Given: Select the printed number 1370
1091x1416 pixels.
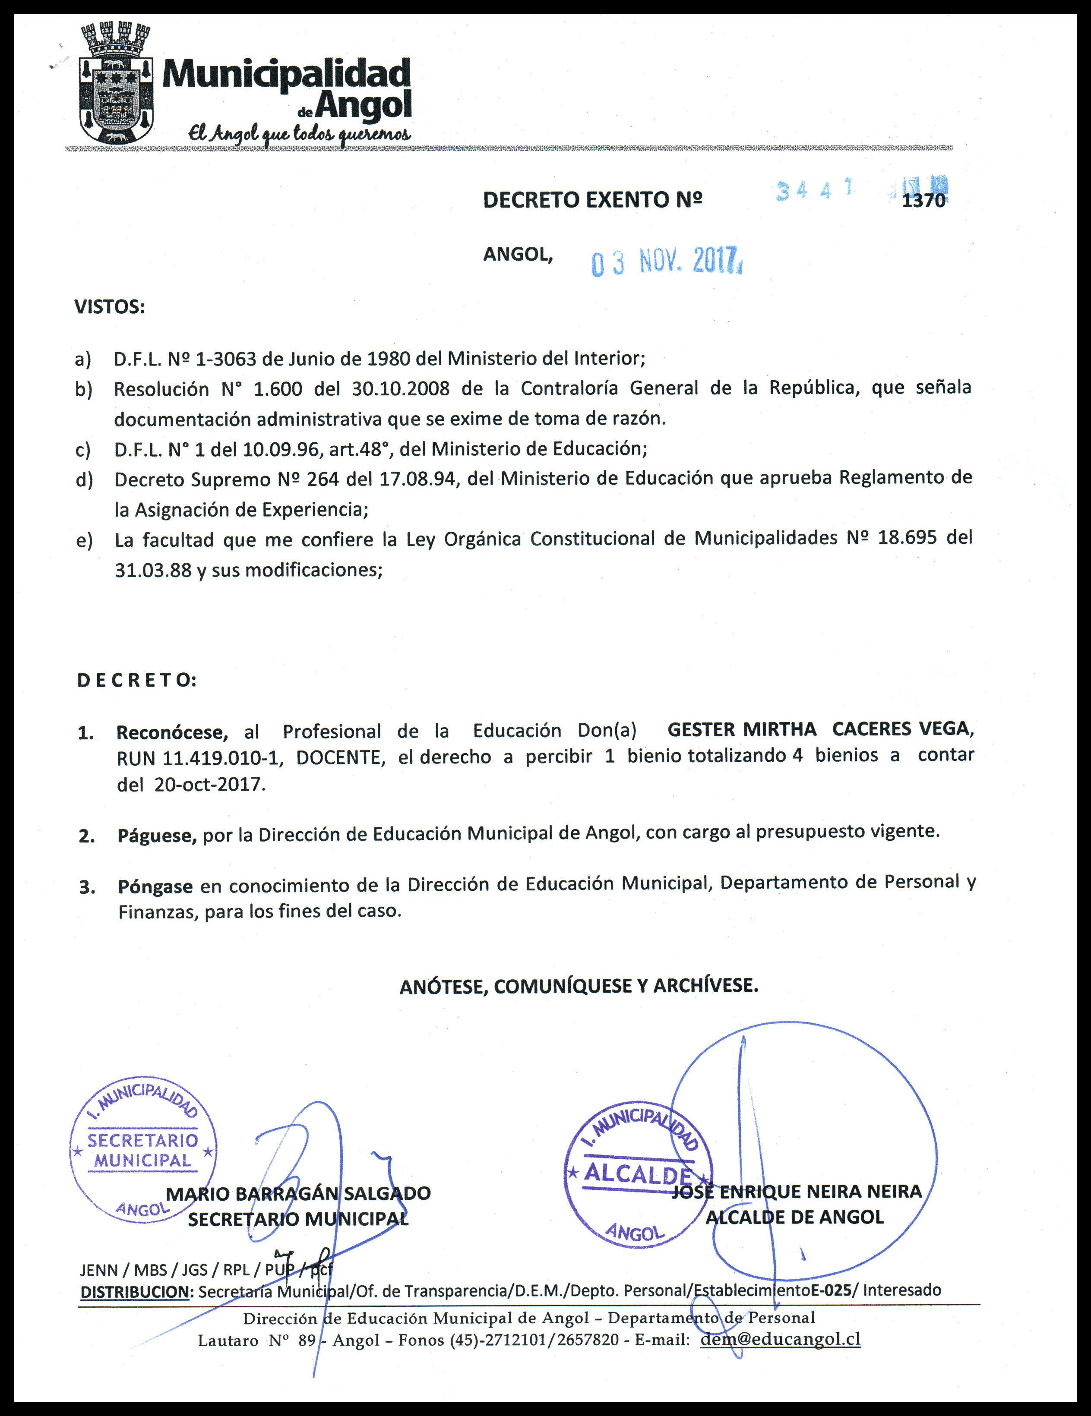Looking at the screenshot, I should coord(923,201).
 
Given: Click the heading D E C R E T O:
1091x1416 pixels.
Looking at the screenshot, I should coord(136,681).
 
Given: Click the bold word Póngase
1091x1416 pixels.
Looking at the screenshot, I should coord(155,886).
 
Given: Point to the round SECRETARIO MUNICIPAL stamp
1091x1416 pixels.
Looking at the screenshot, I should coord(143,1151).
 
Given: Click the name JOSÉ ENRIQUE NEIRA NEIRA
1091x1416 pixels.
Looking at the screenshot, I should coord(797,1192).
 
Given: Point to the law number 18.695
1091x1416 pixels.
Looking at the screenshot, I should coord(907,539).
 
